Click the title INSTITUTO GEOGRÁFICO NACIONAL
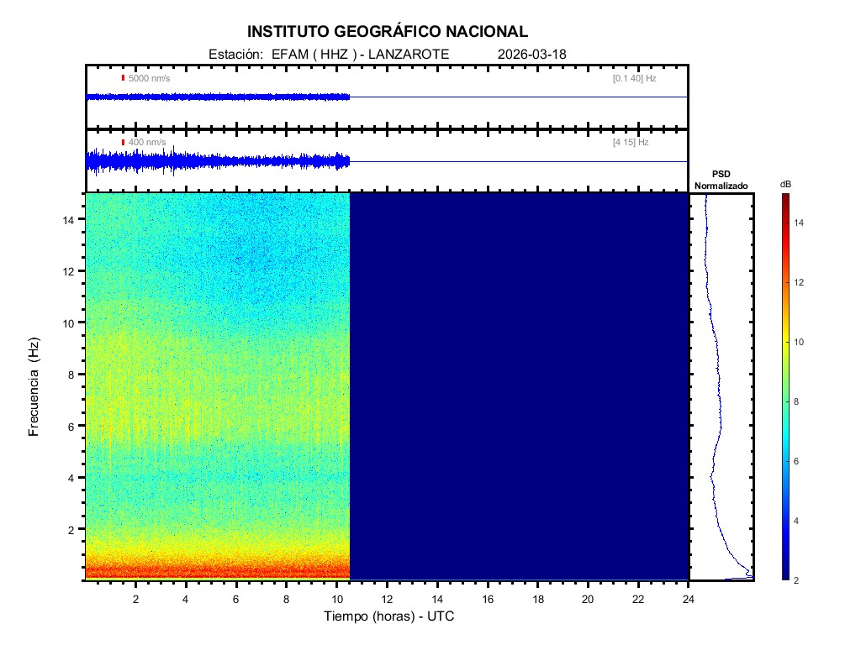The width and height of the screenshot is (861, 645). click(388, 32)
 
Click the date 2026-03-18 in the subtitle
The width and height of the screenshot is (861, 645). click(532, 54)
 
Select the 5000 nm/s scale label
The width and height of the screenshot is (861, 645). click(149, 78)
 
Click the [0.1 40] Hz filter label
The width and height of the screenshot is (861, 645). click(634, 78)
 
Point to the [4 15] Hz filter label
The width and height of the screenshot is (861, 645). click(631, 143)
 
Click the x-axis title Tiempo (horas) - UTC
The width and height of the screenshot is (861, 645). click(389, 616)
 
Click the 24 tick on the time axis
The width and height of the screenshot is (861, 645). click(689, 598)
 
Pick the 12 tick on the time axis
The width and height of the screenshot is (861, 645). click(387, 598)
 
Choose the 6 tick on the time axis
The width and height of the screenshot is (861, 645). click(236, 598)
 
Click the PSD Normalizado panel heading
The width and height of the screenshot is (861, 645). click(721, 180)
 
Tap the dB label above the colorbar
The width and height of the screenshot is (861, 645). click(785, 184)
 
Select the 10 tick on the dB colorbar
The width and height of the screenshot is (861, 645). click(801, 343)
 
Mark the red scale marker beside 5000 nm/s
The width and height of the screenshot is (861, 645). click(123, 78)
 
